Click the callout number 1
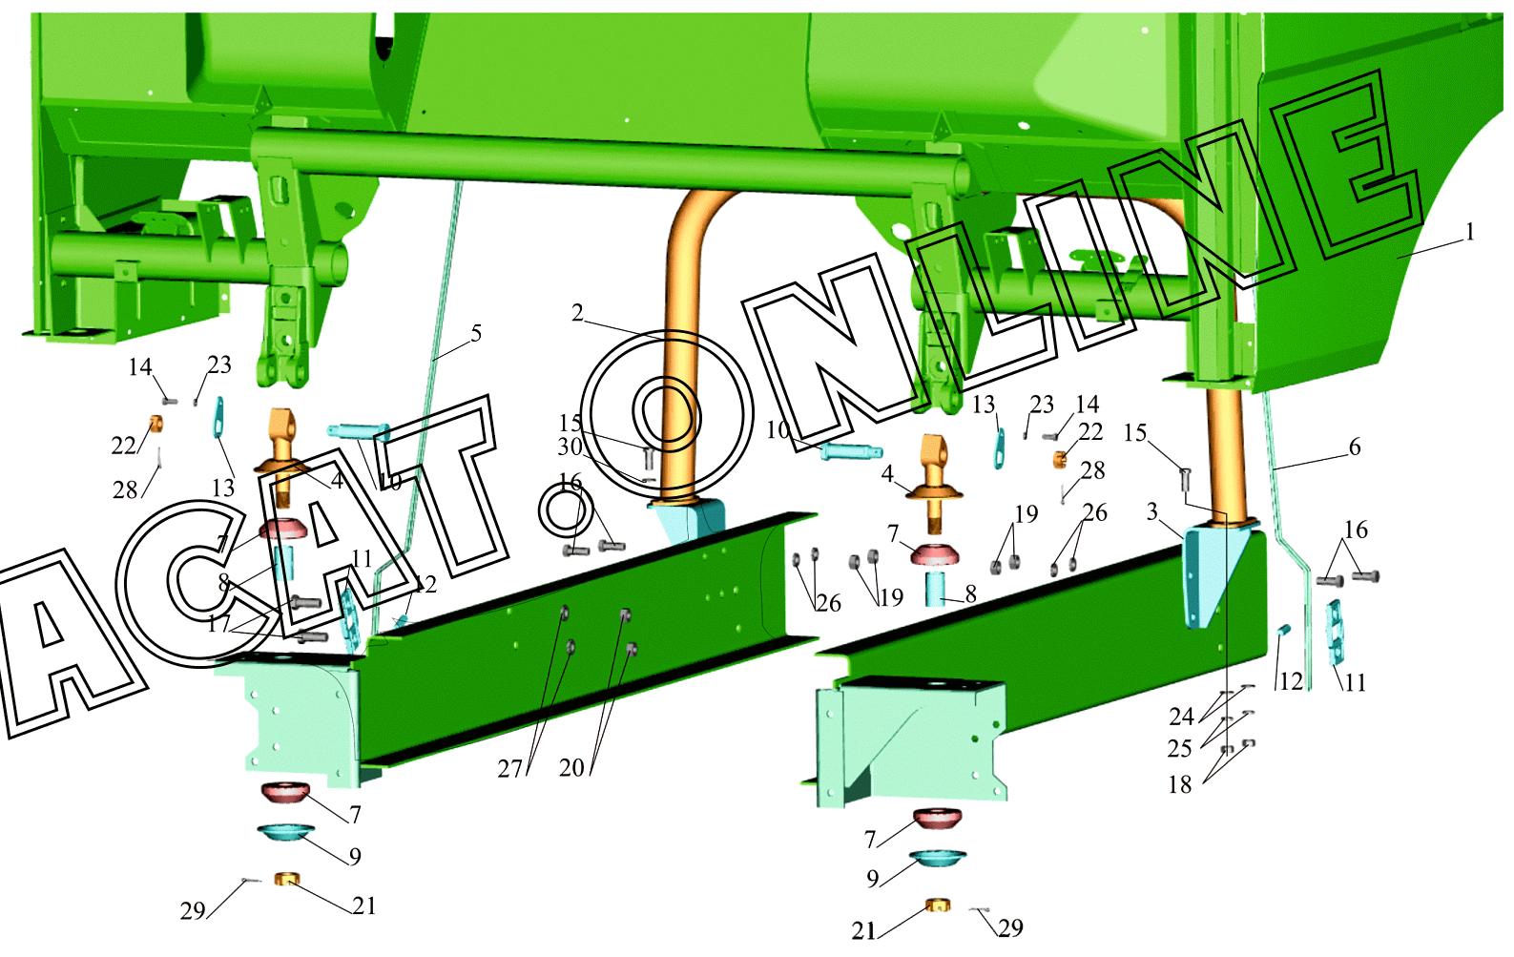click(1470, 233)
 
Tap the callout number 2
click(577, 313)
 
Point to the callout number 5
click(476, 333)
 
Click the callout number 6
click(1355, 447)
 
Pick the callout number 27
click(510, 768)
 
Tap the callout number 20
click(571, 768)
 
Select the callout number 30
click(570, 447)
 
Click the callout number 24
click(1182, 716)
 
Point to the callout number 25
click(1180, 749)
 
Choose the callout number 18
click(1180, 784)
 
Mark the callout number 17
click(218, 624)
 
